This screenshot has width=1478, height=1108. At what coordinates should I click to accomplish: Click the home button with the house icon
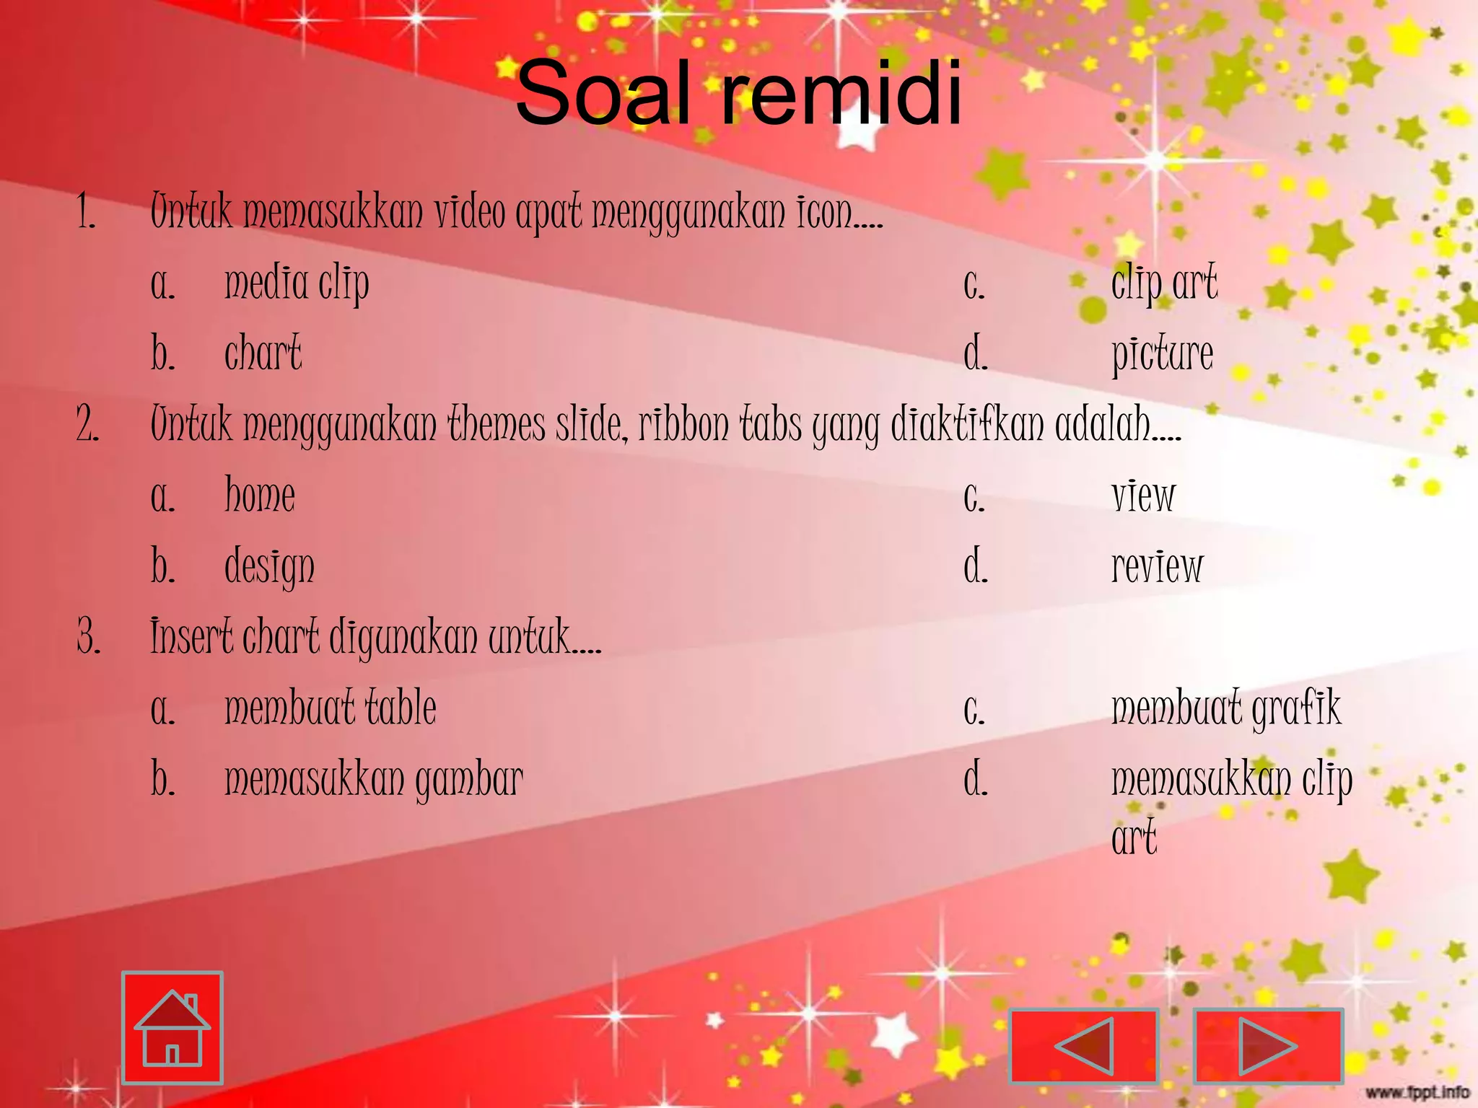[172, 1027]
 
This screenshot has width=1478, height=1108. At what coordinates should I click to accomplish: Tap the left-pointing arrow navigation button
[1083, 1045]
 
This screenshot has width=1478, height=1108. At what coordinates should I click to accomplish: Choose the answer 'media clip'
[297, 283]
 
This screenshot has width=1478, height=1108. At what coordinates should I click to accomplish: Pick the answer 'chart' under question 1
[263, 353]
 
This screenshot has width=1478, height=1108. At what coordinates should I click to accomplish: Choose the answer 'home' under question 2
[260, 496]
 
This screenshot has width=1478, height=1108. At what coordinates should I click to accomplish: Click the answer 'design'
[269, 567]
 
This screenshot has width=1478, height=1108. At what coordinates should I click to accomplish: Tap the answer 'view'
[1143, 496]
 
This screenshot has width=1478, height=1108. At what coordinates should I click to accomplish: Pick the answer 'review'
[1157, 567]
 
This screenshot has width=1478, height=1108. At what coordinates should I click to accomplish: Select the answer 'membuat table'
[331, 708]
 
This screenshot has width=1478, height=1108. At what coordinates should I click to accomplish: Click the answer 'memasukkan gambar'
[373, 780]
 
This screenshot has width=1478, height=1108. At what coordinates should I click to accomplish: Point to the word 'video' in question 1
[470, 212]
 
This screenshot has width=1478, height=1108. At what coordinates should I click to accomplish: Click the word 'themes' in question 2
[497, 424]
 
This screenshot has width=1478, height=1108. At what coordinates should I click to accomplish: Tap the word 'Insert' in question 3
[191, 637]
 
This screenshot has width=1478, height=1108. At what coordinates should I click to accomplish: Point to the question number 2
[88, 424]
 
